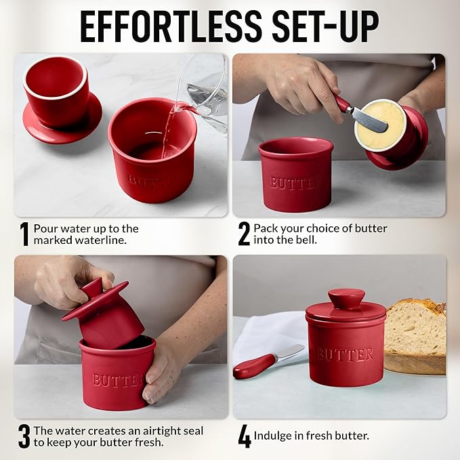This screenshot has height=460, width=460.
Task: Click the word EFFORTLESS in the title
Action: tap(171, 26)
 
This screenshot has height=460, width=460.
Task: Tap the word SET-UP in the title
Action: tap(326, 26)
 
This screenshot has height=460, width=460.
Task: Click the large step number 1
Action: tap(24, 234)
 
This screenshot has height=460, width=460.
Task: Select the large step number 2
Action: tap(244, 234)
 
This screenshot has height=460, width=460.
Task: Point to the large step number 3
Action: tap(24, 436)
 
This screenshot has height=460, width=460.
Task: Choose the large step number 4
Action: tap(245, 436)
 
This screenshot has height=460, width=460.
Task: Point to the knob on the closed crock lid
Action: tap(346, 298)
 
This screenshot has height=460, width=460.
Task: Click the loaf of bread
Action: tap(415, 336)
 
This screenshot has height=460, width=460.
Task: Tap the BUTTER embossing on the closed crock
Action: tap(346, 354)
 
